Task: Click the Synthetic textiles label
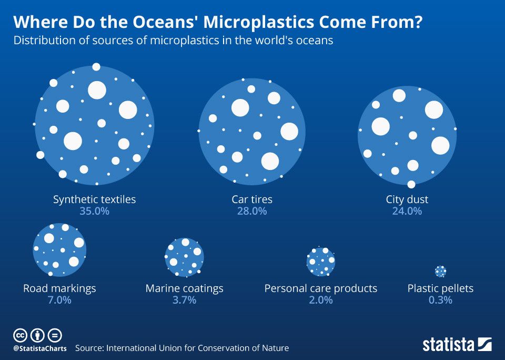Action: [x=94, y=199]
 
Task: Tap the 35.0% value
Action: [x=94, y=211]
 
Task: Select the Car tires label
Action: [x=252, y=199]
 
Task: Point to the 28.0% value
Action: [x=252, y=211]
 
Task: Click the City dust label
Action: [x=407, y=199]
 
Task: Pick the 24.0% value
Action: [x=407, y=211]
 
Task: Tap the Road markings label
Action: [x=59, y=288]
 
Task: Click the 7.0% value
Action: [x=59, y=300]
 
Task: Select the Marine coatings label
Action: [x=184, y=288]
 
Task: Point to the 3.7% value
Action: [x=184, y=300]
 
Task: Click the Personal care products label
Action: [x=320, y=288]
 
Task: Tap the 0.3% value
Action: [x=440, y=300]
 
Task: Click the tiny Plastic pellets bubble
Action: [x=441, y=271]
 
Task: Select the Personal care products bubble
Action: [x=321, y=262]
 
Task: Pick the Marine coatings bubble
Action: [x=184, y=257]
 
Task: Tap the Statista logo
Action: [x=457, y=345]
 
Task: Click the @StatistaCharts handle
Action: [x=40, y=348]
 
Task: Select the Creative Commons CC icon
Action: [x=20, y=335]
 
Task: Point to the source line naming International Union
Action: [x=182, y=348]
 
